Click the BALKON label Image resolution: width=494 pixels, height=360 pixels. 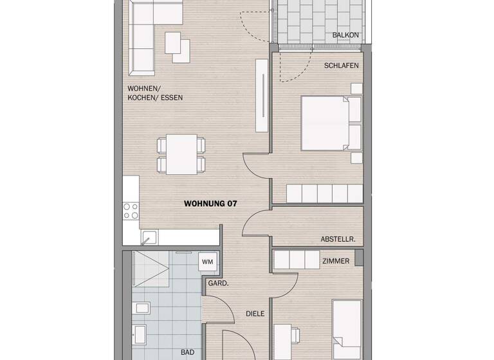(x=345, y=35)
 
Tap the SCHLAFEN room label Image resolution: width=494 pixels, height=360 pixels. (x=341, y=66)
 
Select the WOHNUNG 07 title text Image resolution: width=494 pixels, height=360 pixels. (x=211, y=204)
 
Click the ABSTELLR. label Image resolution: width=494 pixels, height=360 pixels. (x=338, y=239)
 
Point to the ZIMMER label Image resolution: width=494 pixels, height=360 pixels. (x=336, y=261)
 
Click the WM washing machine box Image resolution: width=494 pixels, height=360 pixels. (x=207, y=262)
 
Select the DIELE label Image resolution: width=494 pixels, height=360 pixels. (x=255, y=314)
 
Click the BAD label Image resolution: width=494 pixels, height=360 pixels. (x=187, y=353)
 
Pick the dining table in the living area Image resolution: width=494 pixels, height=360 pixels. (x=182, y=154)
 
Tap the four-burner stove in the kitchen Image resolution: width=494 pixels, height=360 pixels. (x=131, y=211)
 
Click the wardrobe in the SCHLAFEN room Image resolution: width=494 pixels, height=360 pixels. (x=325, y=193)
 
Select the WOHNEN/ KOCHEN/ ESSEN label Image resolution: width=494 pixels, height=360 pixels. (x=155, y=93)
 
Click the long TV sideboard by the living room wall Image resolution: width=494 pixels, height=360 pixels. (x=261, y=96)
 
